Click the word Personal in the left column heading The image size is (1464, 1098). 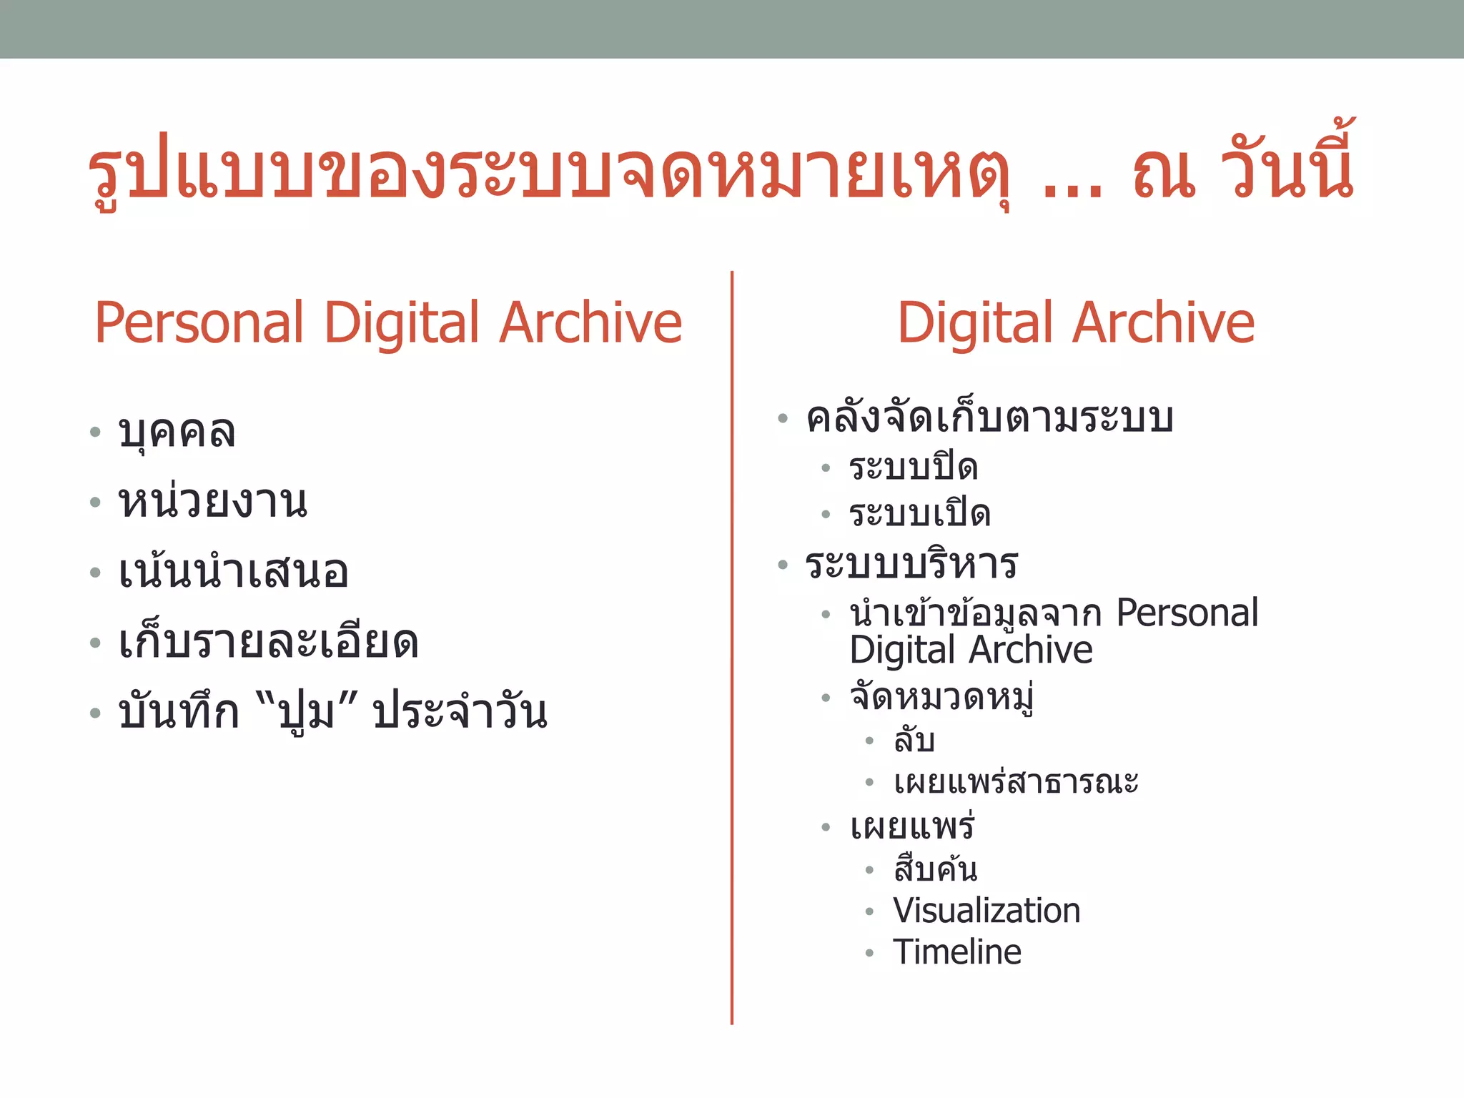click(x=199, y=324)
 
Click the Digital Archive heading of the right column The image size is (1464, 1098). click(x=1076, y=324)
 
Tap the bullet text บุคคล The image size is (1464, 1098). click(x=177, y=432)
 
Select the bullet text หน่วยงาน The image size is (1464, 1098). click(x=213, y=502)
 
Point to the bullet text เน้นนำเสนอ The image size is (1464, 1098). click(x=233, y=572)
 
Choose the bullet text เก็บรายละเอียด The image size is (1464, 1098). click(x=268, y=642)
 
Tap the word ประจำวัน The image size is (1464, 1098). click(x=460, y=712)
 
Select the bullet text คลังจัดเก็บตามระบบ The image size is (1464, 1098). click(x=989, y=418)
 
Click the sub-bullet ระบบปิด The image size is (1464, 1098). click(x=913, y=468)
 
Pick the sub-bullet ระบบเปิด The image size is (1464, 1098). click(x=919, y=514)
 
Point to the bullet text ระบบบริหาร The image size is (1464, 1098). click(x=911, y=565)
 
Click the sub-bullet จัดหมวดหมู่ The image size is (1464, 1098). click(x=942, y=697)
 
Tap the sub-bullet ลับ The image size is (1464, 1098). click(x=914, y=740)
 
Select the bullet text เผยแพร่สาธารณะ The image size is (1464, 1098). click(x=1016, y=782)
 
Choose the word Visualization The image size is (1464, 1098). click(x=986, y=911)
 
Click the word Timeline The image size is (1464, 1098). click(x=957, y=952)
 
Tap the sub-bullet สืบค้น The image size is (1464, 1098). click(x=935, y=869)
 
